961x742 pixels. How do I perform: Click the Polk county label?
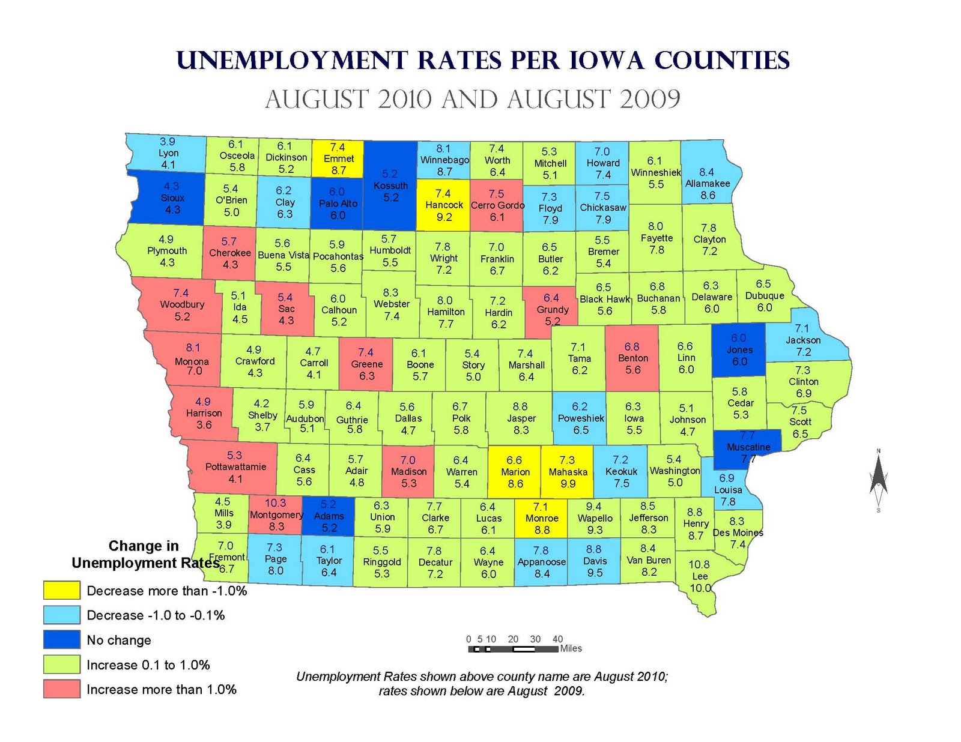(461, 418)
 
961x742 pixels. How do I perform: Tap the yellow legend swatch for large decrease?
(61, 590)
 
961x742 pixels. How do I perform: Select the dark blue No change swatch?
(61, 639)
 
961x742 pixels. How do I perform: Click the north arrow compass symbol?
(878, 480)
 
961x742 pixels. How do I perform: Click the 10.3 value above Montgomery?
(275, 503)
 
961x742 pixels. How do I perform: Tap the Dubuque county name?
(764, 296)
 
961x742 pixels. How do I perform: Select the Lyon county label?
(168, 153)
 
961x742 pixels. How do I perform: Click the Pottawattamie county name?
(235, 466)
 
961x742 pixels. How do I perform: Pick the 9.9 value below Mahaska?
(568, 484)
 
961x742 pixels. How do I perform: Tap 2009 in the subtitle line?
(650, 100)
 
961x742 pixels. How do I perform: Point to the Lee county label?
(700, 576)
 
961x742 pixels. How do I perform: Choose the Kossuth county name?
(390, 185)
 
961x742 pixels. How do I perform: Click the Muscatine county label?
(748, 447)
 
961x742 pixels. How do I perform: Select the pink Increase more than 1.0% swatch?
(61, 689)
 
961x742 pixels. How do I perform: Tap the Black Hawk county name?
(604, 299)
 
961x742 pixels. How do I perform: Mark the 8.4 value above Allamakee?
(706, 172)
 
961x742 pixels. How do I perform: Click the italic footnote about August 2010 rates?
(482, 684)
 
